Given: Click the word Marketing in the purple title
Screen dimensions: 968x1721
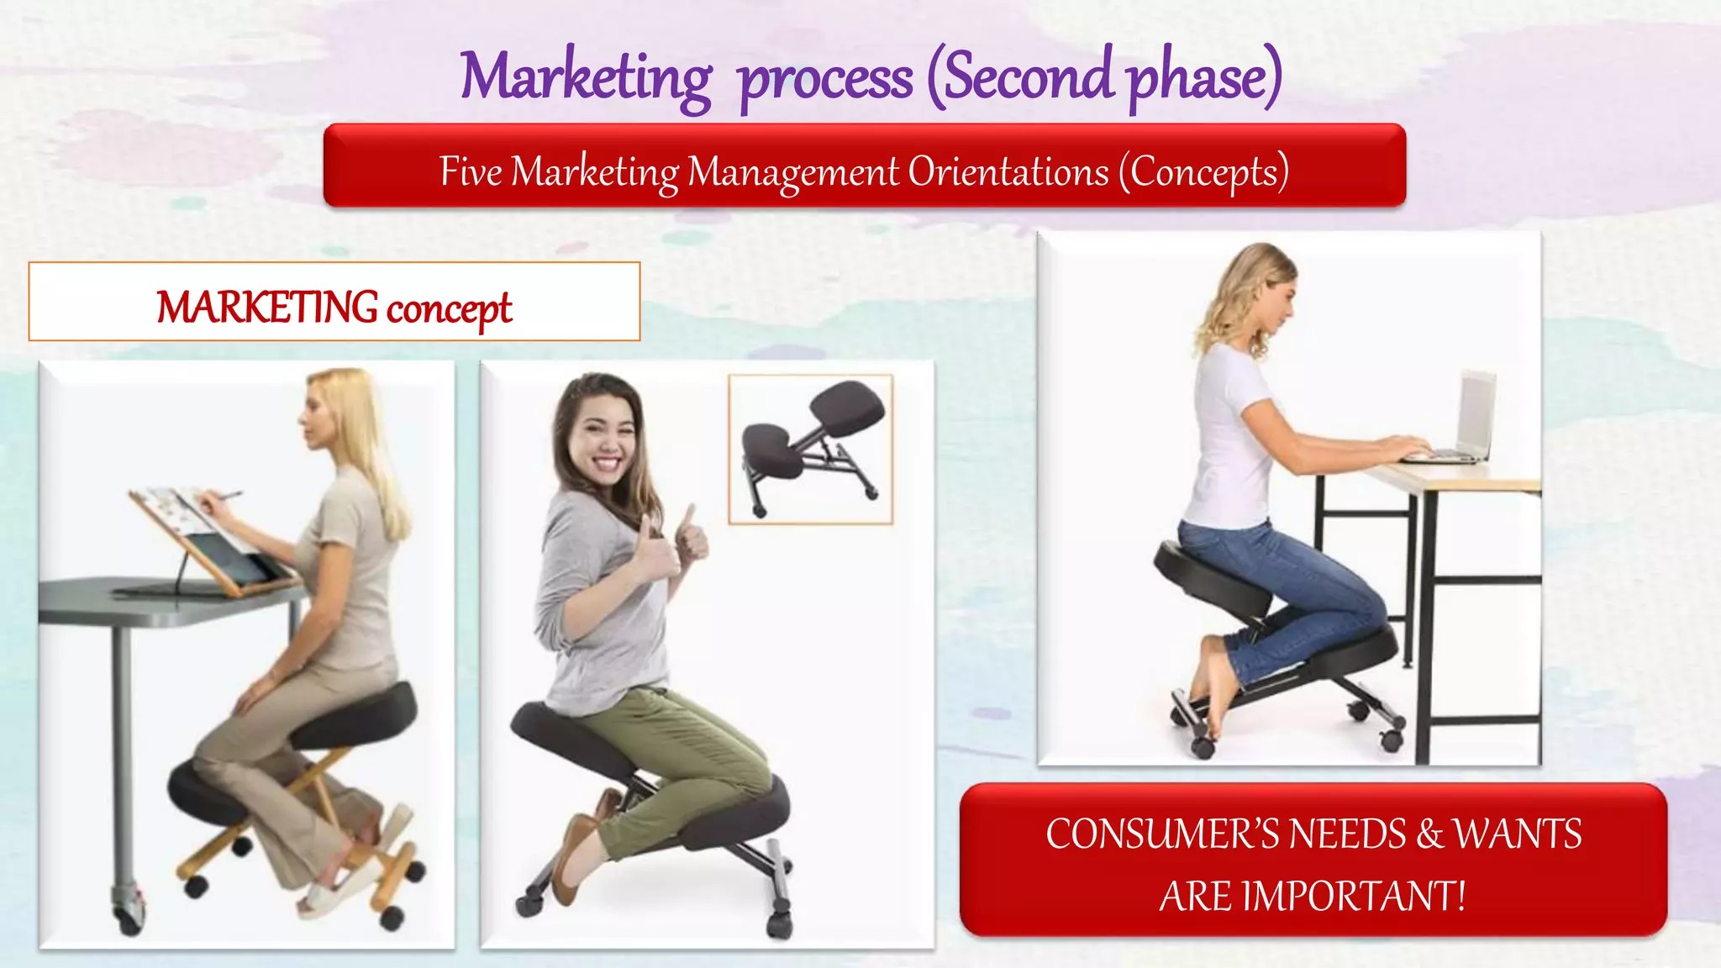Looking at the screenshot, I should point(586,77).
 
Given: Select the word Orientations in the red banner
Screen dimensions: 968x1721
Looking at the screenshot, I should point(1008,172).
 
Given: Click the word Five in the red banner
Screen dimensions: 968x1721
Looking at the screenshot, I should point(471,172).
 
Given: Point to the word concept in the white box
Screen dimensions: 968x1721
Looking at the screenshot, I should point(449,308).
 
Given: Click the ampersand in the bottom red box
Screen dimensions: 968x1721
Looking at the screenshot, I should point(1429,834).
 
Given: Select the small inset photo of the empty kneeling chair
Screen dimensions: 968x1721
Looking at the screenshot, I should point(810,450).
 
